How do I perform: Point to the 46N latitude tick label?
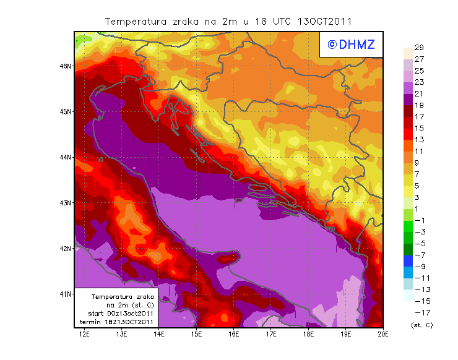tap(65, 66)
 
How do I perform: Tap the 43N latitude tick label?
tap(65, 203)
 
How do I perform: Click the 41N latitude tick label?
tap(65, 294)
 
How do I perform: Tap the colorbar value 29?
tap(419, 48)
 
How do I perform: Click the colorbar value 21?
tap(419, 93)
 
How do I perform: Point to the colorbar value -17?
tap(420, 312)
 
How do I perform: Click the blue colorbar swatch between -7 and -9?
tap(408, 261)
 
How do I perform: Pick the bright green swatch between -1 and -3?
tap(408, 226)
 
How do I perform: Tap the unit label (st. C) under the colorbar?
tap(421, 325)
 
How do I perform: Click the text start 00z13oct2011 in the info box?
tap(116, 314)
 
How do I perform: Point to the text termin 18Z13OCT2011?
tap(116, 322)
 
